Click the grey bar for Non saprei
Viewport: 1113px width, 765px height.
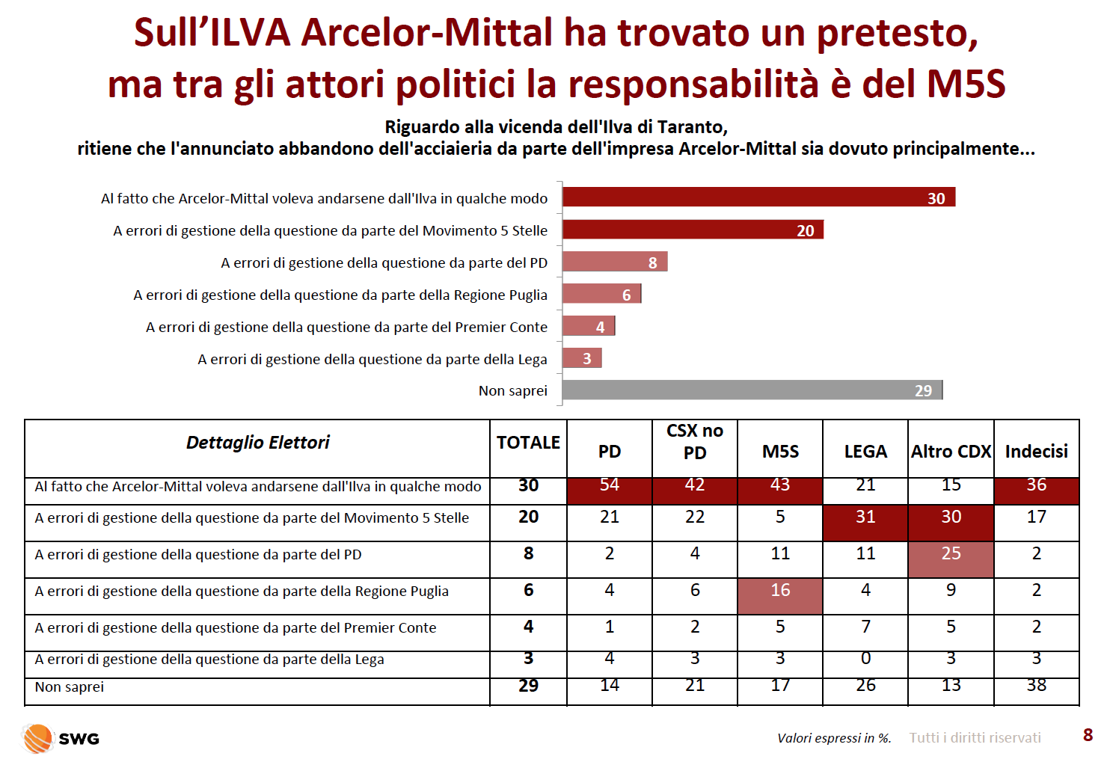(x=752, y=390)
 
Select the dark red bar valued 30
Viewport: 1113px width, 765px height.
(x=758, y=197)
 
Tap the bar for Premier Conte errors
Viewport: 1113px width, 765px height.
(x=589, y=326)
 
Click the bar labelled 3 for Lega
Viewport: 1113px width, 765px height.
(x=582, y=358)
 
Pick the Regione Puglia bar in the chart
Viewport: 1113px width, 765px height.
(x=601, y=294)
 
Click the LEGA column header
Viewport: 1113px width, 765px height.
(x=865, y=451)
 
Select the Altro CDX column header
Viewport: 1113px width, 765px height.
(x=951, y=451)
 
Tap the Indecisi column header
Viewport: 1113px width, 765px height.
(x=1037, y=451)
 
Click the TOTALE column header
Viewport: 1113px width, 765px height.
(x=528, y=442)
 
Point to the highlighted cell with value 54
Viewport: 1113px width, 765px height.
(x=610, y=491)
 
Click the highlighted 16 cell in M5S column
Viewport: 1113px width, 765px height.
(x=780, y=595)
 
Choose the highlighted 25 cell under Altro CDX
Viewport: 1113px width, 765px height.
(x=951, y=559)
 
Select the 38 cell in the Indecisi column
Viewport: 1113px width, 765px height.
(x=1037, y=686)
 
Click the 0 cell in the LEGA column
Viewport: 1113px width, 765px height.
(x=865, y=658)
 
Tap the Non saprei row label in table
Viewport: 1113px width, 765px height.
(x=70, y=687)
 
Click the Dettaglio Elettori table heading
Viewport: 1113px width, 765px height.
(x=258, y=442)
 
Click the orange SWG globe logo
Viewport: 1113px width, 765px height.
(x=37, y=738)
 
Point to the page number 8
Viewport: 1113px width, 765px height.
(x=1088, y=735)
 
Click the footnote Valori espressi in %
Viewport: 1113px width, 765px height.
(x=835, y=738)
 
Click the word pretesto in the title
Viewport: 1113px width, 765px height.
(x=898, y=34)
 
